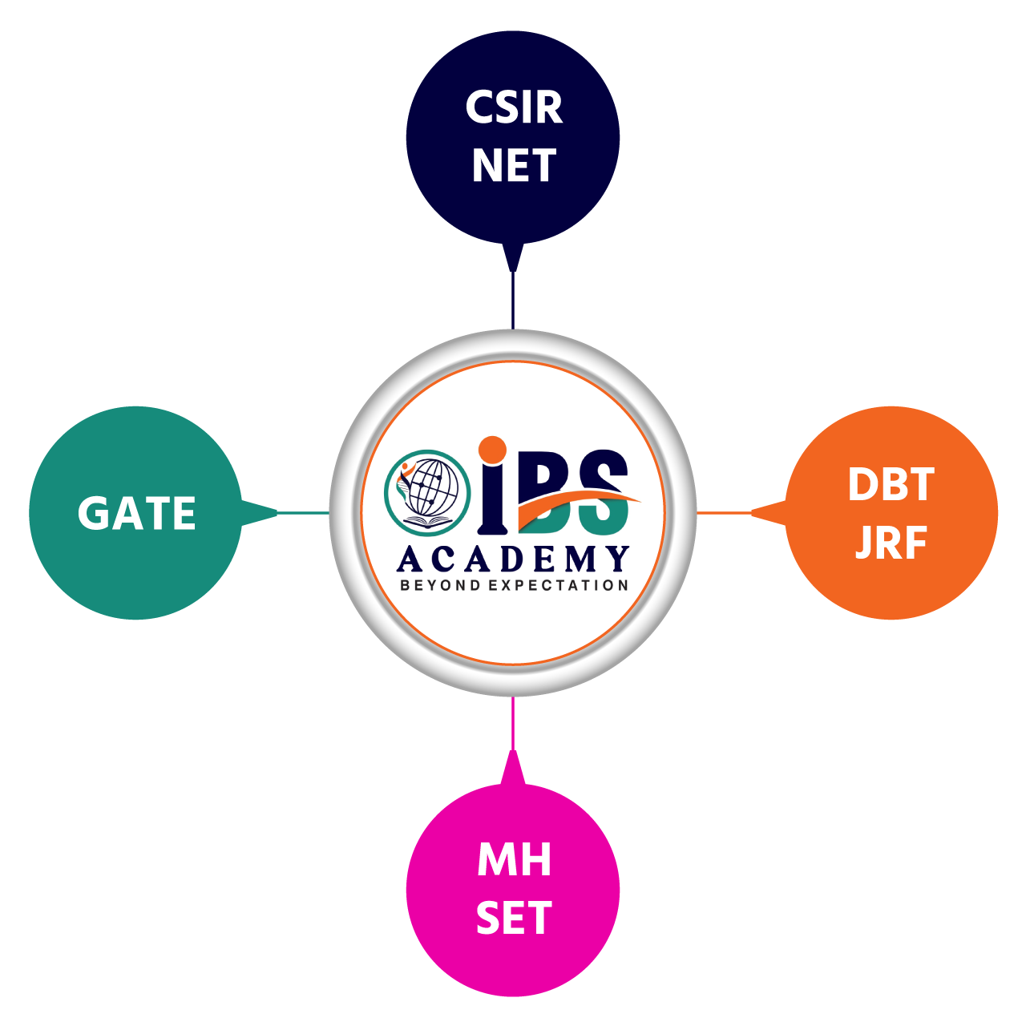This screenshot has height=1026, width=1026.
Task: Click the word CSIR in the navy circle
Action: (x=514, y=107)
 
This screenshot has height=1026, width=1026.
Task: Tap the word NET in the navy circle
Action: (x=514, y=166)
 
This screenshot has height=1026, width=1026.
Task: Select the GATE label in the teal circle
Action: (x=137, y=514)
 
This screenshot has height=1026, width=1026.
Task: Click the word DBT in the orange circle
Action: (x=891, y=485)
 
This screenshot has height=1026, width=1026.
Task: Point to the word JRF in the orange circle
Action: (x=891, y=543)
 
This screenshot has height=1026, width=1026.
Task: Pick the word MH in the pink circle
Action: (x=514, y=861)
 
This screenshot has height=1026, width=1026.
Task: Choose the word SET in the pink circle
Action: (x=514, y=919)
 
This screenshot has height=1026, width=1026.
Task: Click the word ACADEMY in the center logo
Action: (x=514, y=559)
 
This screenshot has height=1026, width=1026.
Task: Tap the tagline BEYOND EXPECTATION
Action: (x=514, y=585)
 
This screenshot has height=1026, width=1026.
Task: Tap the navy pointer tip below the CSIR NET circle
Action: (x=513, y=258)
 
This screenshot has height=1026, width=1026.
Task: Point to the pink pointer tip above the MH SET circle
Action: (x=513, y=761)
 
